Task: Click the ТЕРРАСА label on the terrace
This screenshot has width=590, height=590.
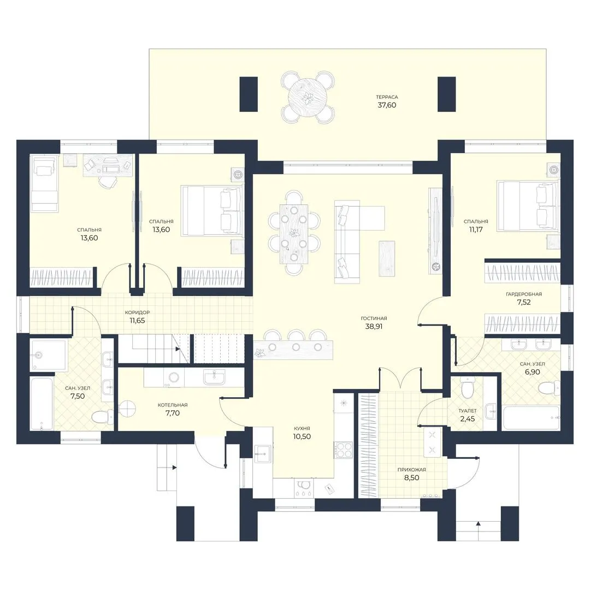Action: click(x=387, y=97)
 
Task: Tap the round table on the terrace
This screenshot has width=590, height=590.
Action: click(x=308, y=97)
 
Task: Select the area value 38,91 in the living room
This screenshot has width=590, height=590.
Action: click(x=374, y=327)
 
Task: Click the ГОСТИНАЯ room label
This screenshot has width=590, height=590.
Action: click(x=374, y=318)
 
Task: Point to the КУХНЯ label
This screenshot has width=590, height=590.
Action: click(x=302, y=428)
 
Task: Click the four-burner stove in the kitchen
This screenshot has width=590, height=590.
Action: click(x=344, y=450)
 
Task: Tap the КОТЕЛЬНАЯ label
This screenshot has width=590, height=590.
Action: click(x=173, y=405)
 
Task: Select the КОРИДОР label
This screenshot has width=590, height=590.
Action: click(x=137, y=312)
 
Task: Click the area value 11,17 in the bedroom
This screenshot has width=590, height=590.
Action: click(x=476, y=229)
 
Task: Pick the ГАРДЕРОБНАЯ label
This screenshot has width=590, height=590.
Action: click(x=524, y=294)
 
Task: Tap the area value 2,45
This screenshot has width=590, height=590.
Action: click(x=468, y=419)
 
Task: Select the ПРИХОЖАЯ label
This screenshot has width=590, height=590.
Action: click(x=412, y=470)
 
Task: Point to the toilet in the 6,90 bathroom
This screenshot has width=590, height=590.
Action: click(x=549, y=387)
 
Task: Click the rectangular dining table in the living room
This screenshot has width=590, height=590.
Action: click(x=294, y=234)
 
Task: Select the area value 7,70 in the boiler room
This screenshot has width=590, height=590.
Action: click(x=173, y=413)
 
